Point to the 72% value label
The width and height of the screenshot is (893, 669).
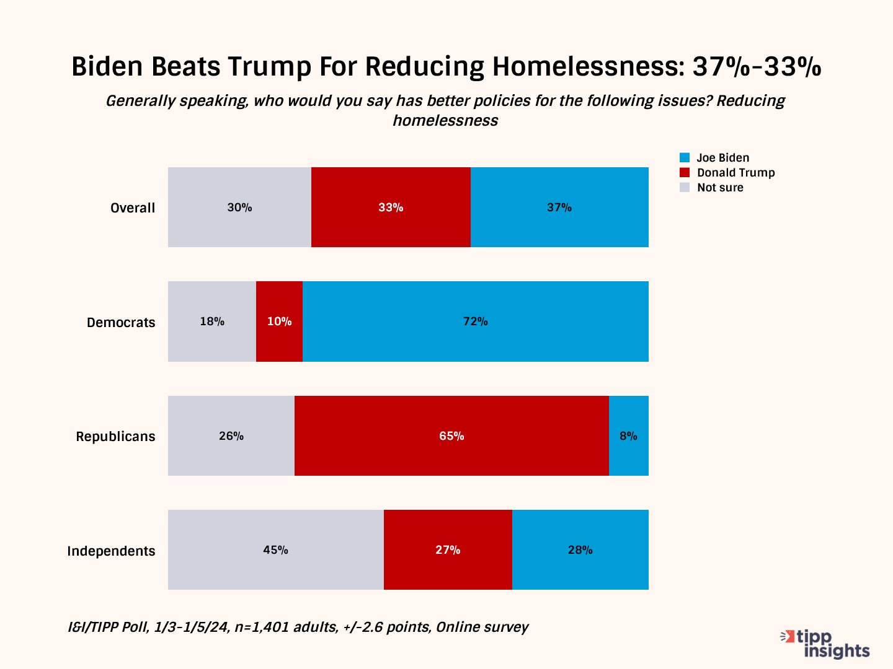pos(476,321)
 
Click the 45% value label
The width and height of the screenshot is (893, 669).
pos(275,550)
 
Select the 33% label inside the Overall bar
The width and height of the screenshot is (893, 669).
pos(391,208)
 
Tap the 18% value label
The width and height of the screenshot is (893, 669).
pos(212,321)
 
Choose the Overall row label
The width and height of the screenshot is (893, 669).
pos(133,208)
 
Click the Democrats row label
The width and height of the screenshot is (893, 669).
pos(121,323)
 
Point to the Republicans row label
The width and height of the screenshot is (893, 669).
pos(115,437)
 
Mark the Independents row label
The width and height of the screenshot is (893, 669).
pos(111,551)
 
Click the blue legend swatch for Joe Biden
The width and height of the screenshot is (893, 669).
pos(685,158)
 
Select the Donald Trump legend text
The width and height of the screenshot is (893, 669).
pos(735,173)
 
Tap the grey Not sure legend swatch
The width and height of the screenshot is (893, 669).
pos(685,188)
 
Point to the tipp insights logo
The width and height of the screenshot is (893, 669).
pos(826,644)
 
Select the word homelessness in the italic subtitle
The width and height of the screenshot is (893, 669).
pos(445,120)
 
